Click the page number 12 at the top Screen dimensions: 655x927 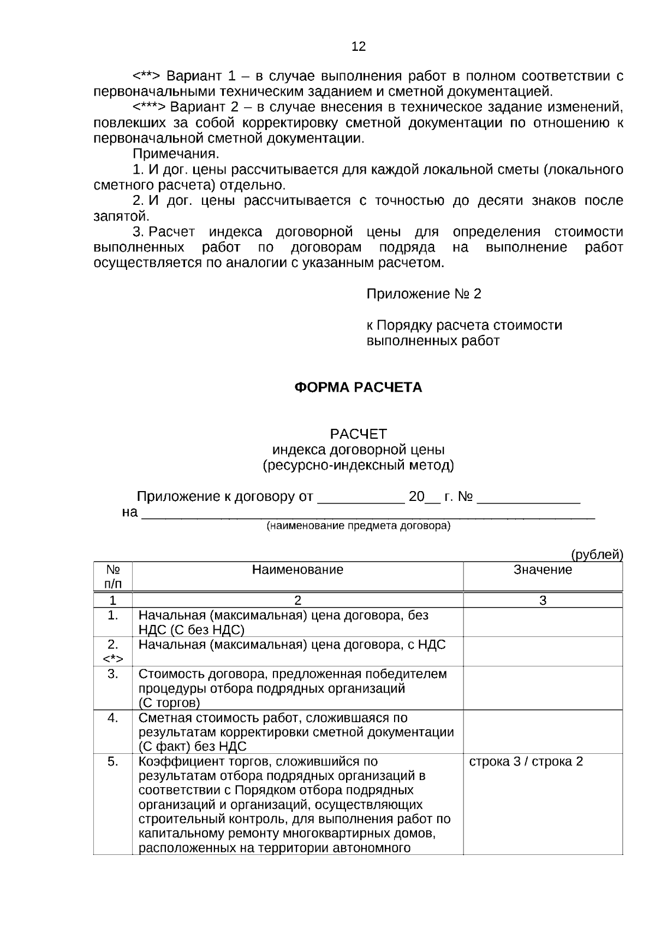359,46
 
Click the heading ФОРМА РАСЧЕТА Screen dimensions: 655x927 358,388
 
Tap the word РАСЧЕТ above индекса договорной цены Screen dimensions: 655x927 358,434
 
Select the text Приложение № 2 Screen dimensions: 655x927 424,294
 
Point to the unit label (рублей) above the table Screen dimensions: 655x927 597,555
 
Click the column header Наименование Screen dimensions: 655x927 297,570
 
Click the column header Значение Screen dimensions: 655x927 543,570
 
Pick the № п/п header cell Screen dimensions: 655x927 112,576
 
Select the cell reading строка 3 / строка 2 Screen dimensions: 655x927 526,761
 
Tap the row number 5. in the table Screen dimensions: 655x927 112,761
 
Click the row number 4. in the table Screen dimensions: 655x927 112,718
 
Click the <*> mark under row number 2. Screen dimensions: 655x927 112,659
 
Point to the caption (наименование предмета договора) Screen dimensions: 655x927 358,526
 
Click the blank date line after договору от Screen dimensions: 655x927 360,498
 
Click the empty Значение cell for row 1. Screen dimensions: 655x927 543,622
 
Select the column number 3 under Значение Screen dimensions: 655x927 543,600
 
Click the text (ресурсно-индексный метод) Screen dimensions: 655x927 358,465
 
